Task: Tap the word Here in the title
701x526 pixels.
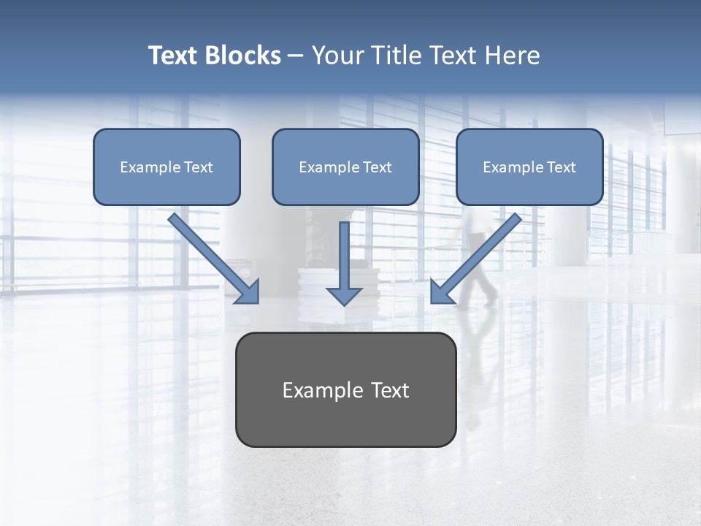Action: (513, 56)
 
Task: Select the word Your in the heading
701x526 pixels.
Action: (339, 56)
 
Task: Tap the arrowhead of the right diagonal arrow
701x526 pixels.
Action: (440, 293)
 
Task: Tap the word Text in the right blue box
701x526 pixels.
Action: (562, 167)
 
